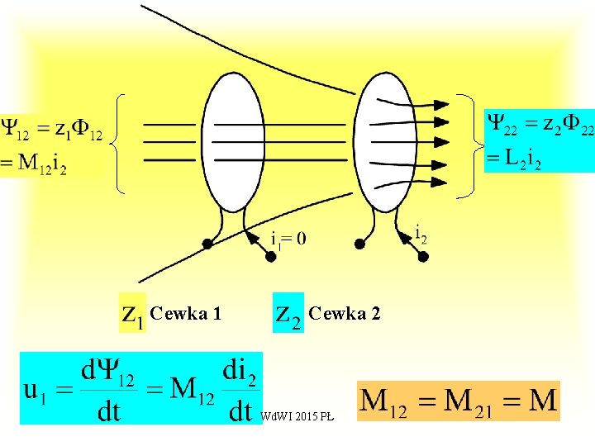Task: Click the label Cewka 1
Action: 186,313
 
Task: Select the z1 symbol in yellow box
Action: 132,313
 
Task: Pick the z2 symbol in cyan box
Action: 288,313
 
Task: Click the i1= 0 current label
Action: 288,239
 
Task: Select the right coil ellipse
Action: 389,141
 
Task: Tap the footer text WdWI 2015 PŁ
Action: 297,416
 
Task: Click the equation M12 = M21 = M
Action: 459,401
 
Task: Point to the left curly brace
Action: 117,141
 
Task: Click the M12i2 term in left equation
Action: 40,164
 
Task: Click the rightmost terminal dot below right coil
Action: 423,257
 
